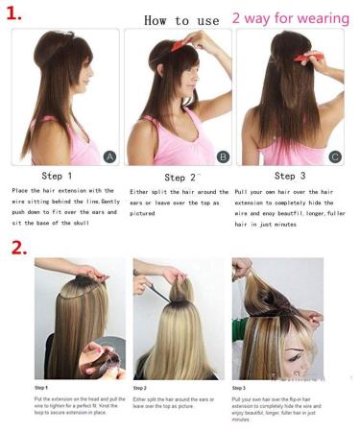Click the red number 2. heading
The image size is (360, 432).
pyautogui.click(x=18, y=247)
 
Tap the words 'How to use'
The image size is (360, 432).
pyautogui.click(x=181, y=19)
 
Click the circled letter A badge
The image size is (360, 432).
pyautogui.click(x=109, y=156)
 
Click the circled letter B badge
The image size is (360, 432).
pyautogui.click(x=223, y=156)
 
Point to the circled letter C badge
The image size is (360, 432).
pyautogui.click(x=335, y=156)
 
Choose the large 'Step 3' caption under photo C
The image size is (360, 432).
pyautogui.click(x=292, y=176)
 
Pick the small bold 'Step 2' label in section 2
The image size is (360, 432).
pyautogui.click(x=140, y=388)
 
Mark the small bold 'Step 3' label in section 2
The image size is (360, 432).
pyautogui.click(x=239, y=388)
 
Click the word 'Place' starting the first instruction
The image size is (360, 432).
pyautogui.click(x=22, y=191)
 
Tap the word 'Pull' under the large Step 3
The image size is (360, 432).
pyautogui.click(x=243, y=191)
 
